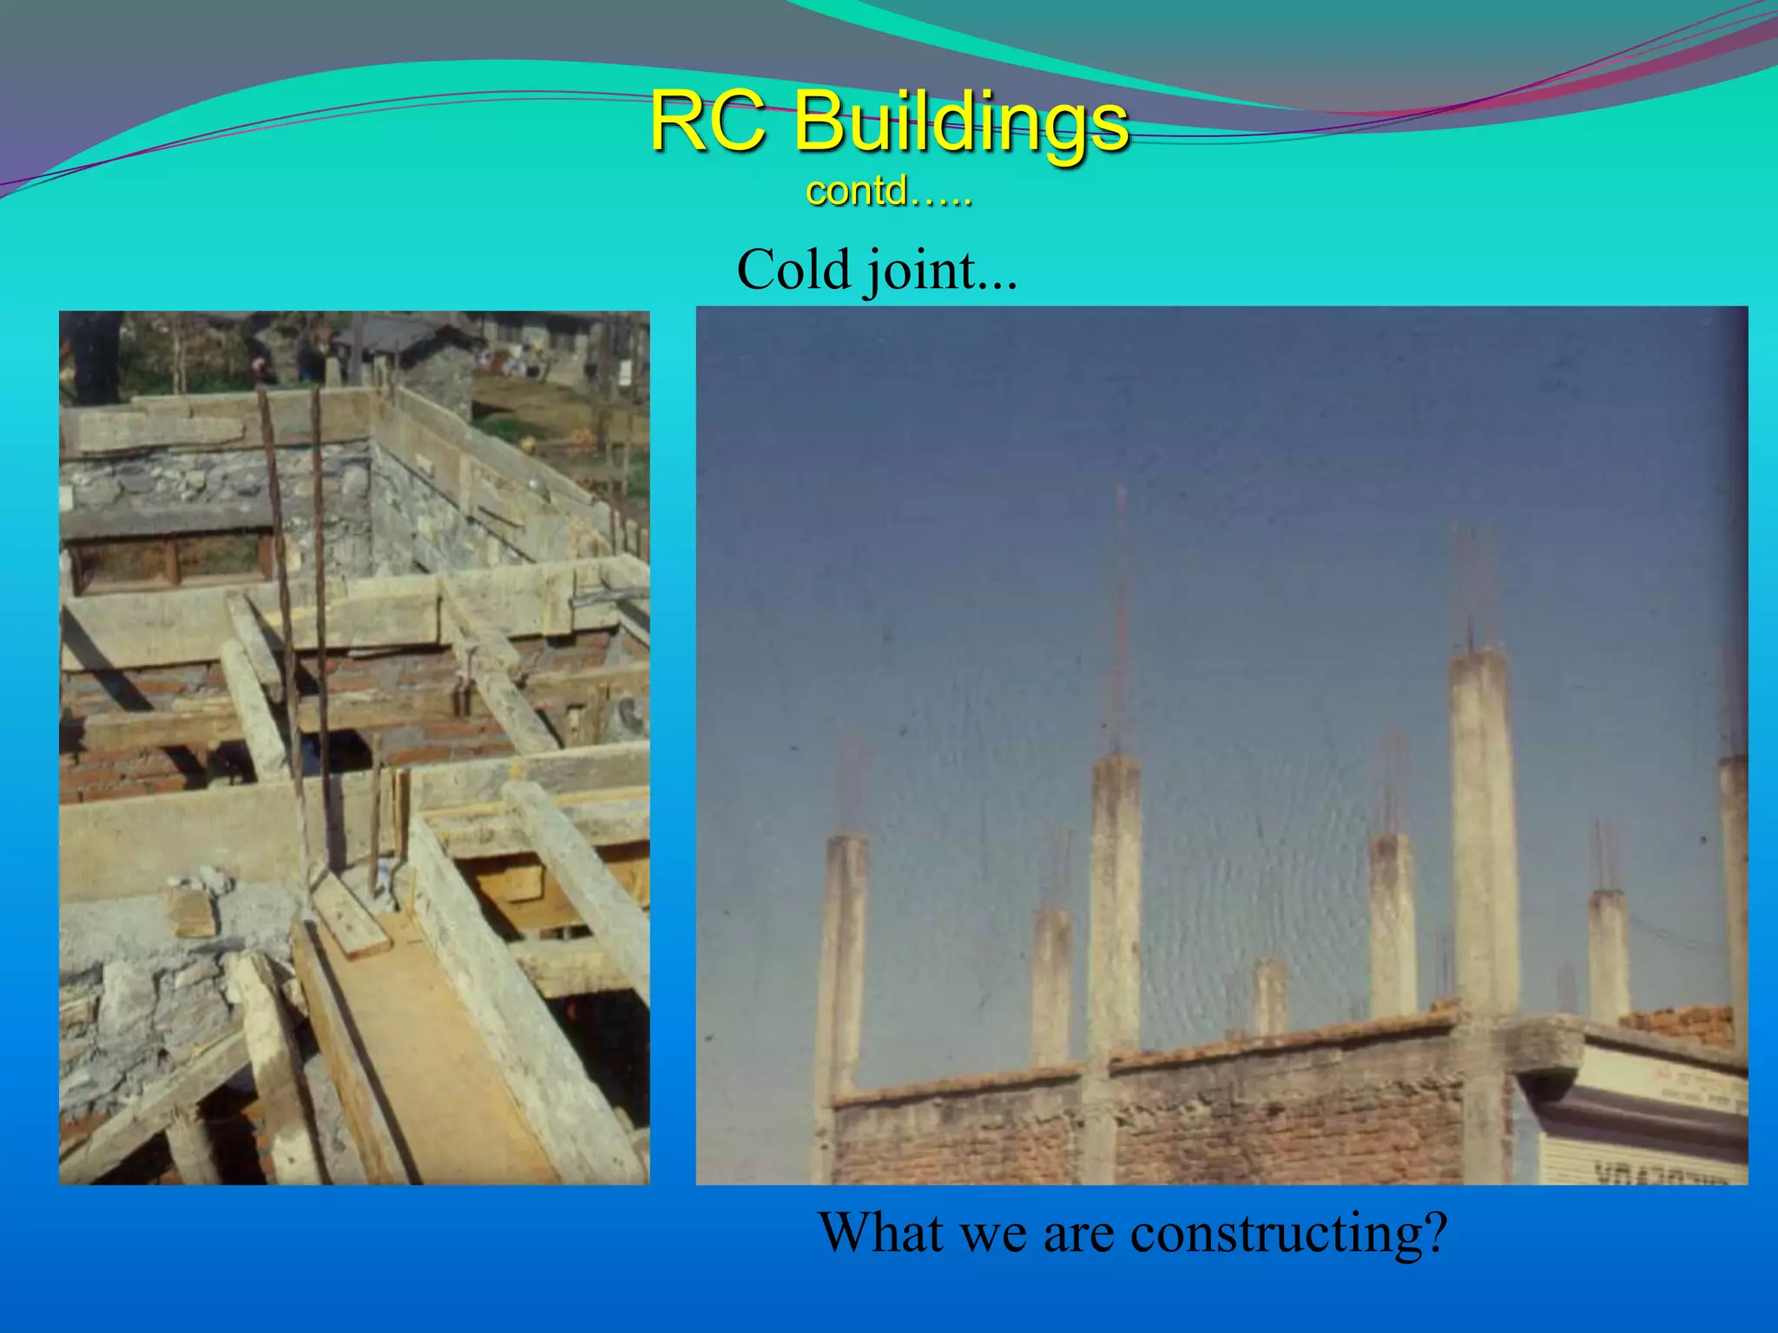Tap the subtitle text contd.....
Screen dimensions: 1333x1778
pyautogui.click(x=887, y=191)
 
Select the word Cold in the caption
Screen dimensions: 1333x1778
pyautogui.click(x=793, y=270)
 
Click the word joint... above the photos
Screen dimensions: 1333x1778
pyautogui.click(x=939, y=272)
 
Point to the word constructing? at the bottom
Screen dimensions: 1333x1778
pyautogui.click(x=1288, y=1232)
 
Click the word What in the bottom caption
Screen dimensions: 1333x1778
pyautogui.click(x=880, y=1232)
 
